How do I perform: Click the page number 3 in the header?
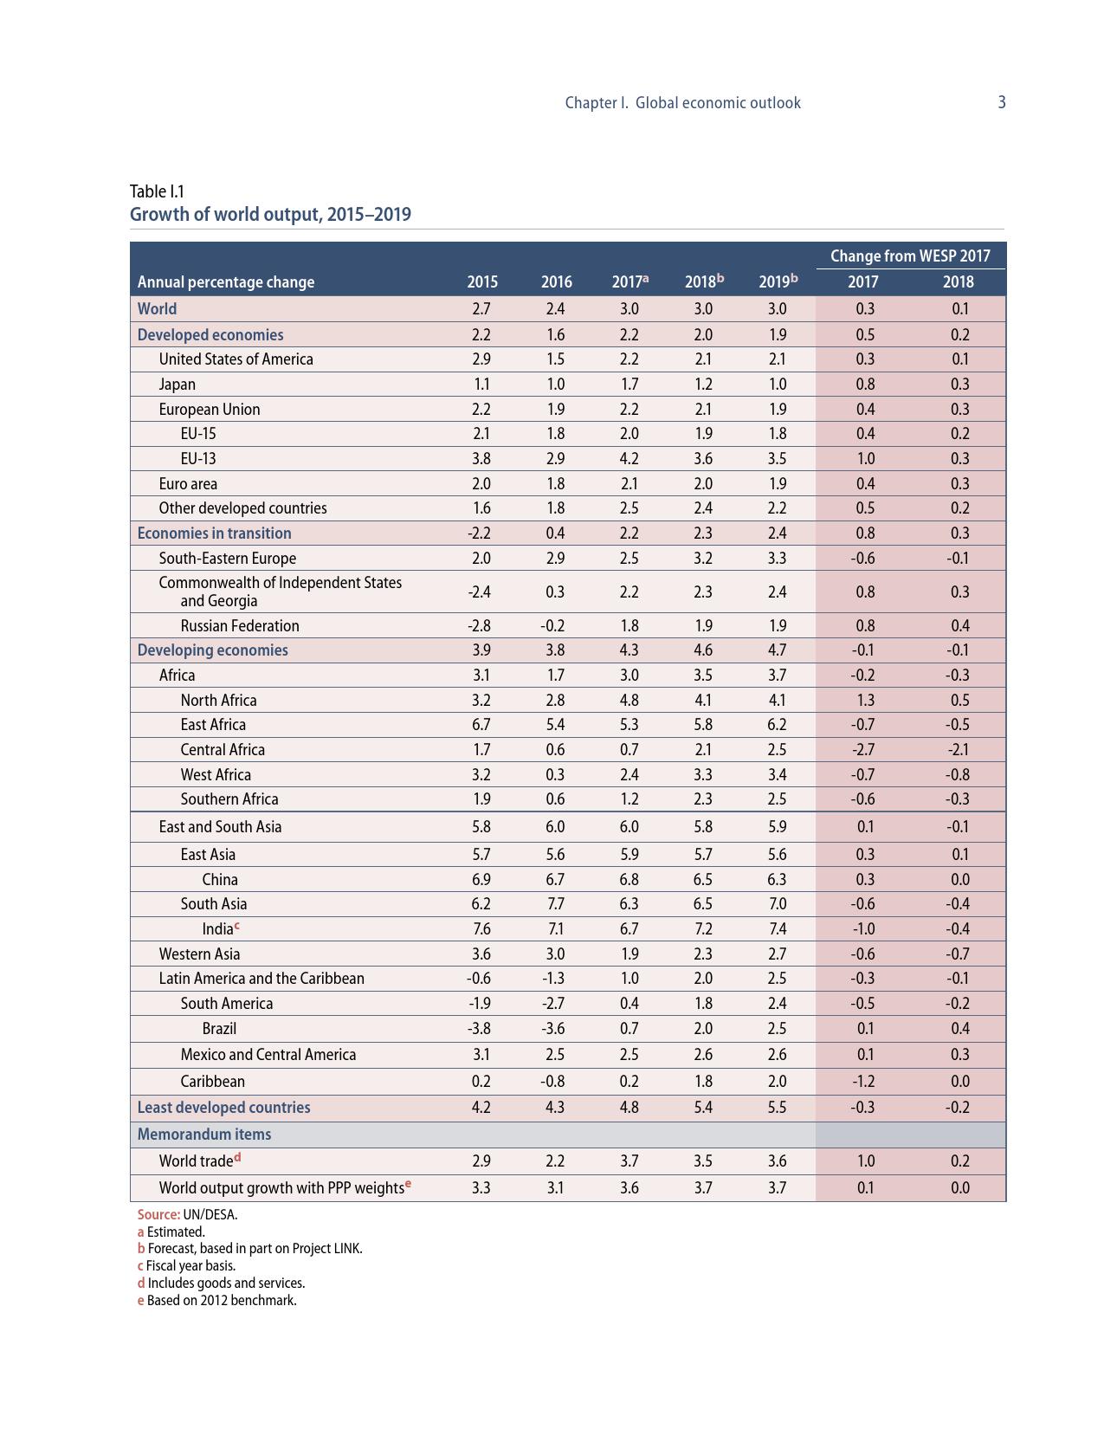[x=1002, y=102]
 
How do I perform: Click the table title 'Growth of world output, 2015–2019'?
[x=270, y=214]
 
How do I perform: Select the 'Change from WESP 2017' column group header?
[x=910, y=255]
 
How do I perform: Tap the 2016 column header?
[x=556, y=281]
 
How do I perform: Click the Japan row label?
[x=178, y=384]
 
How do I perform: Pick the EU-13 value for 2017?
[x=629, y=458]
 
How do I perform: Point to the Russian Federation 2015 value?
[x=481, y=625]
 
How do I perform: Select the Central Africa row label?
[x=223, y=749]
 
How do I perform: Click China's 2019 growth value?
[x=777, y=879]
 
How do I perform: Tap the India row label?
[x=218, y=928]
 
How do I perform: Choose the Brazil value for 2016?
[x=555, y=1028]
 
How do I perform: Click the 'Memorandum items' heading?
[x=204, y=1134]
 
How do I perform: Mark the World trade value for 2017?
[x=629, y=1161]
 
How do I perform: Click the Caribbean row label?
[x=213, y=1081]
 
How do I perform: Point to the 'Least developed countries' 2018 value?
[x=703, y=1107]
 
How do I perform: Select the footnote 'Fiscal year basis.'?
[x=190, y=1265]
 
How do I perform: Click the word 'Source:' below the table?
[x=158, y=1214]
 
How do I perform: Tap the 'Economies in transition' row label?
[x=214, y=533]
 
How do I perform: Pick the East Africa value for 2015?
[x=481, y=724]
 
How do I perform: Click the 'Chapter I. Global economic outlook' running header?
[x=682, y=102]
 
